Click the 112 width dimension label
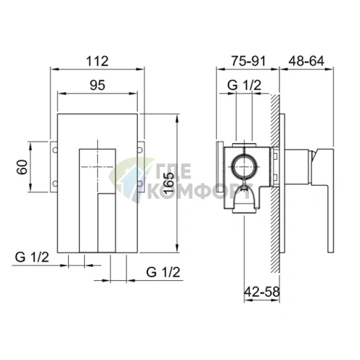coord(97,61)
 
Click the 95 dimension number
coord(97,85)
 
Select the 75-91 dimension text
coord(248,61)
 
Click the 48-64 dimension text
coord(306,61)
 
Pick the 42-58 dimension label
coord(262,292)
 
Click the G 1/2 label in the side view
coord(245,85)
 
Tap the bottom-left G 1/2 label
coord(32,257)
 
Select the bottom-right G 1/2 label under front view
coord(163,272)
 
